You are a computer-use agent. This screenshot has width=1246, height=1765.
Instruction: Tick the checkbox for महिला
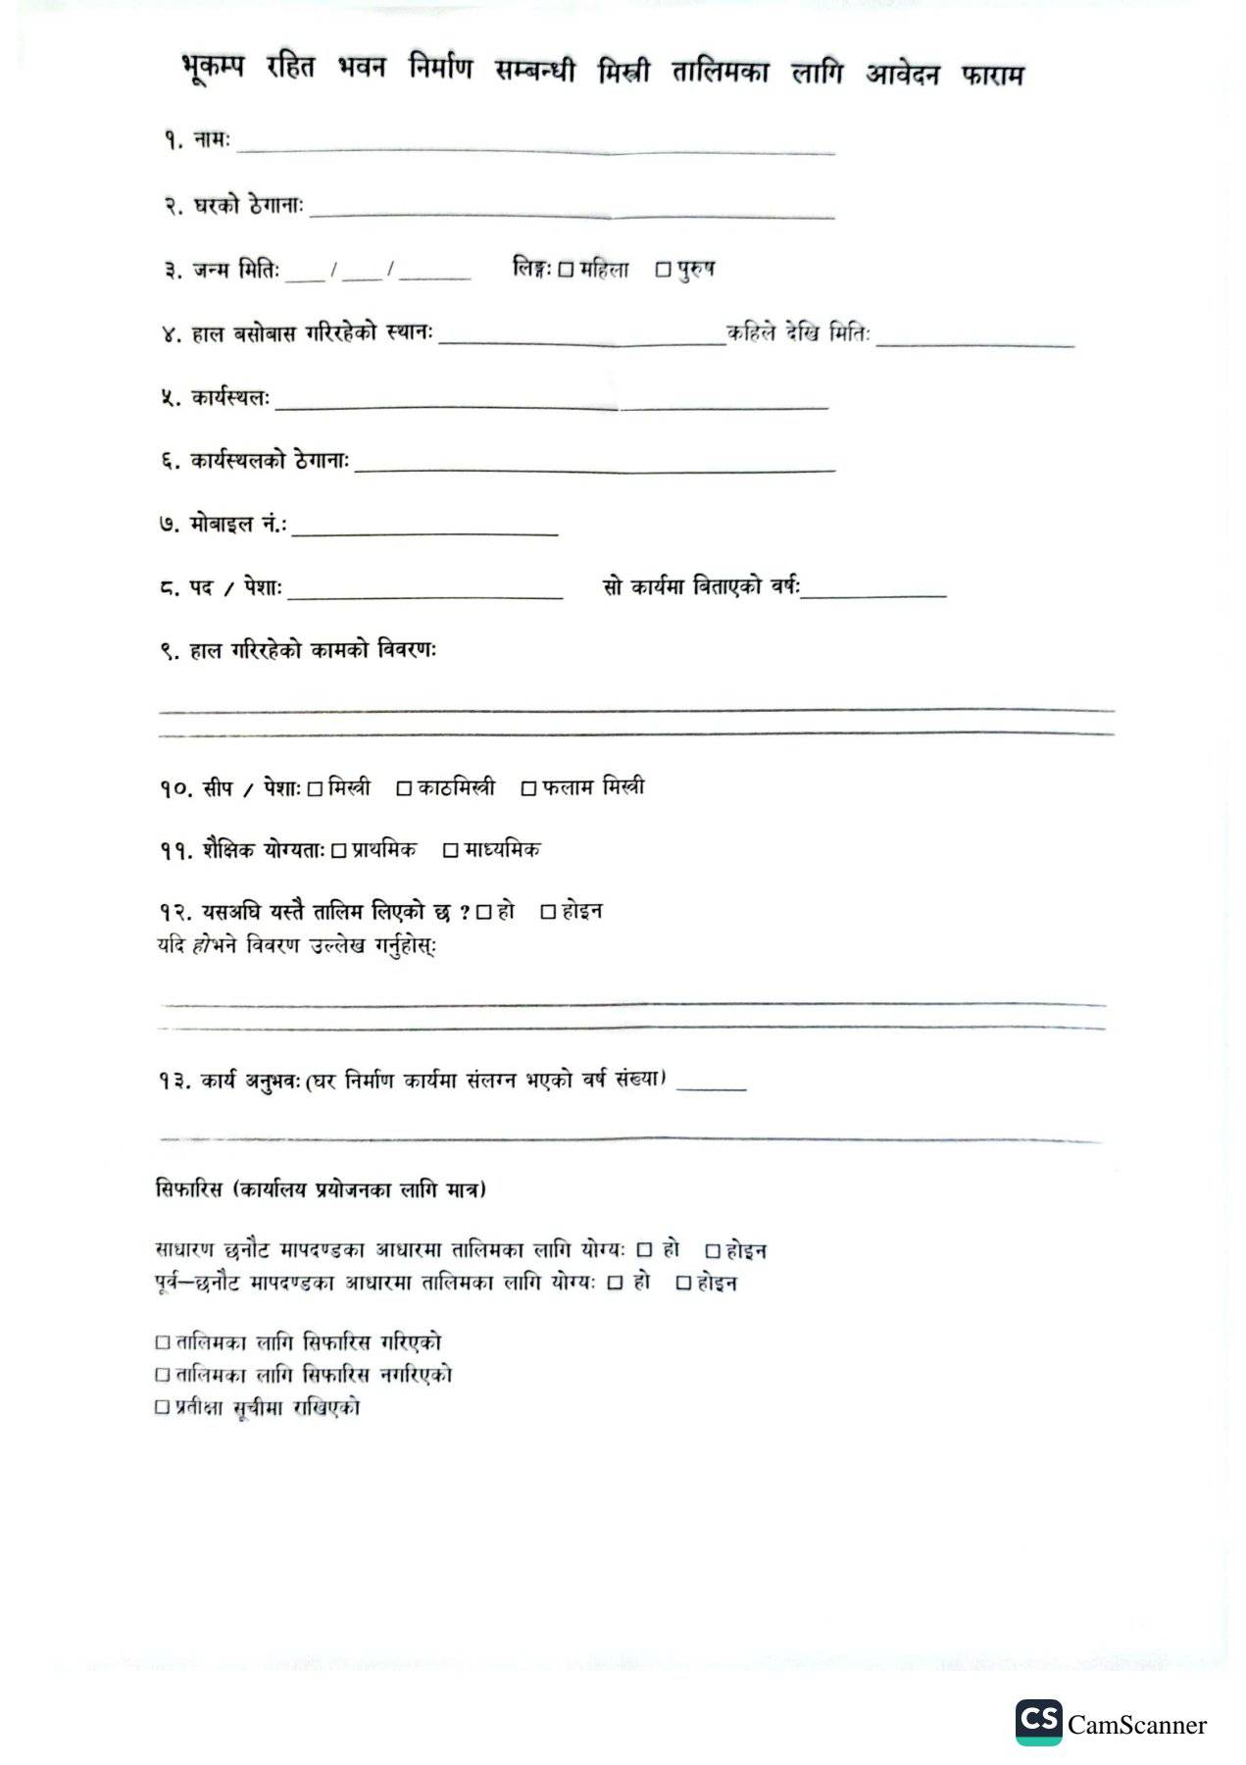point(565,270)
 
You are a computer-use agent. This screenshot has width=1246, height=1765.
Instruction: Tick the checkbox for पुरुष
point(663,270)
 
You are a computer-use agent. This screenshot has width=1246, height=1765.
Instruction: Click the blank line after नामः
point(535,149)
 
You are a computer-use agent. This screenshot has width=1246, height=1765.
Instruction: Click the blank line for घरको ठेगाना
point(572,213)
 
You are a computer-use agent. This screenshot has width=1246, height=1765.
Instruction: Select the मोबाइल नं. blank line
point(424,531)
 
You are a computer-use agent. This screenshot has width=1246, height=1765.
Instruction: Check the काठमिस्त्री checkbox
point(404,789)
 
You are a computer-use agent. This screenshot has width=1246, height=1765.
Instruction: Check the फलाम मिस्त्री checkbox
point(528,789)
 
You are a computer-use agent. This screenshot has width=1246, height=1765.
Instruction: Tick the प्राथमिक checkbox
point(338,851)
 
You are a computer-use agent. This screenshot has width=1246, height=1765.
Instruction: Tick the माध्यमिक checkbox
point(451,851)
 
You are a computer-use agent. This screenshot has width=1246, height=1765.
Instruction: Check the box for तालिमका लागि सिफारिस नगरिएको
point(163,1376)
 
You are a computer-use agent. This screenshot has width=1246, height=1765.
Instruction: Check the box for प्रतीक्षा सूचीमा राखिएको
point(163,1408)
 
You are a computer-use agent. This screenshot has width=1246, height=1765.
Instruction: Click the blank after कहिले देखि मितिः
point(975,342)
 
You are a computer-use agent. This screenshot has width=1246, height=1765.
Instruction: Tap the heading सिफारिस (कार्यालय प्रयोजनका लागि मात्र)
point(322,1190)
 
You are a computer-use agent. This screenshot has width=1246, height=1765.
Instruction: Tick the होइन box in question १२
point(549,913)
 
